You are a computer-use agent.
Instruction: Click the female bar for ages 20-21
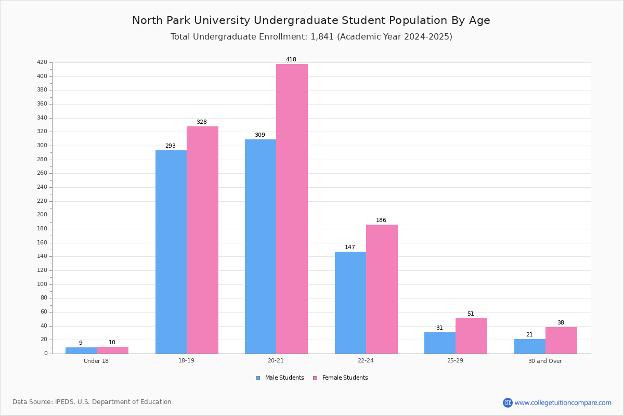292,209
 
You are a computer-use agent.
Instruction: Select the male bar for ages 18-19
171,252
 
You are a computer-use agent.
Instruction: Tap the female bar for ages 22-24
382,289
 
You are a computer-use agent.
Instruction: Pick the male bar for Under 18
81,350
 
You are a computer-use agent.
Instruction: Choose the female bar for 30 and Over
561,341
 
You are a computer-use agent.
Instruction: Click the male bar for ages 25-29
440,343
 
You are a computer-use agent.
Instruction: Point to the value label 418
291,59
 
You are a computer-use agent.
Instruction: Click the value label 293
171,146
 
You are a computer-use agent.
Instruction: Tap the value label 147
350,247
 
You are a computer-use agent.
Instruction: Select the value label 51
471,314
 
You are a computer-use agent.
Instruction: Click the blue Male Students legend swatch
258,378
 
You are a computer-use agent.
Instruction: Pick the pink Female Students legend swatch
315,378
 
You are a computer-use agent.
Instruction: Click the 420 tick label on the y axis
42,62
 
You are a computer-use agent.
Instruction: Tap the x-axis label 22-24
366,360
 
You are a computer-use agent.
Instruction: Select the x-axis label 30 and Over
545,361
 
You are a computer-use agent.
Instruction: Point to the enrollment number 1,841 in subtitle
322,37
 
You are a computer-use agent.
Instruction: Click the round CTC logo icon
508,402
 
